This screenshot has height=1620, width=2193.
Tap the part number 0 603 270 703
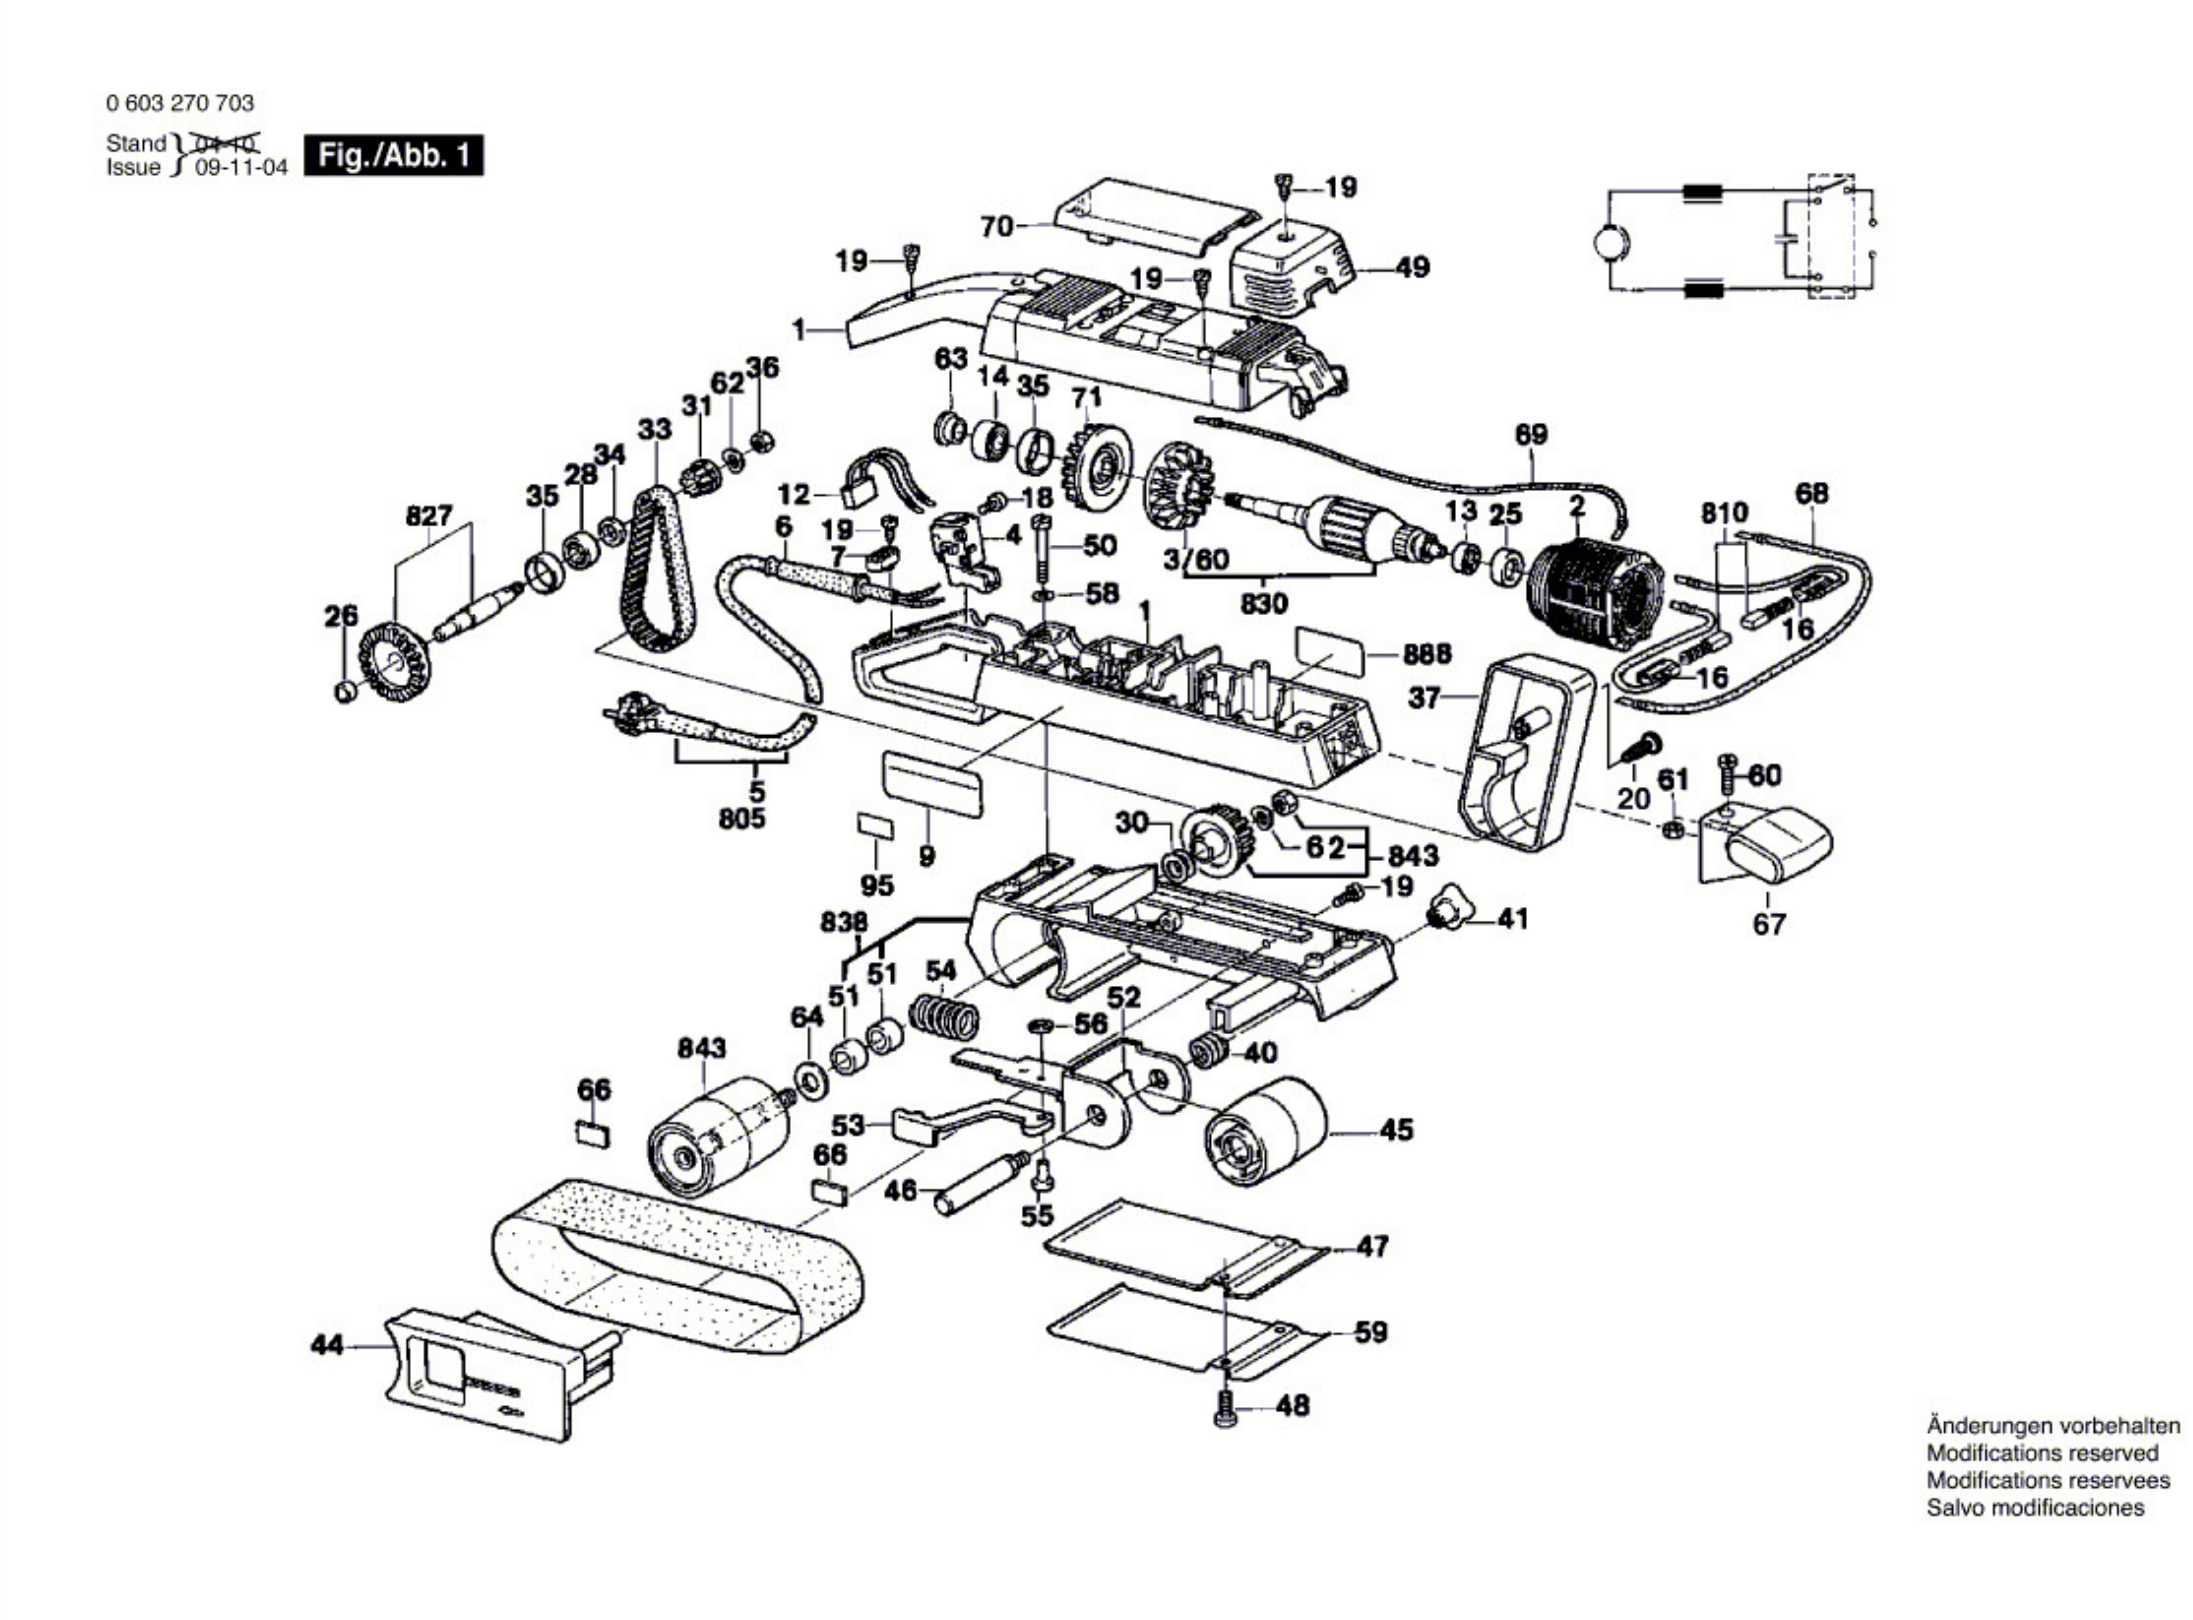click(179, 103)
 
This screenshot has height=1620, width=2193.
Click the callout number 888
click(1427, 654)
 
